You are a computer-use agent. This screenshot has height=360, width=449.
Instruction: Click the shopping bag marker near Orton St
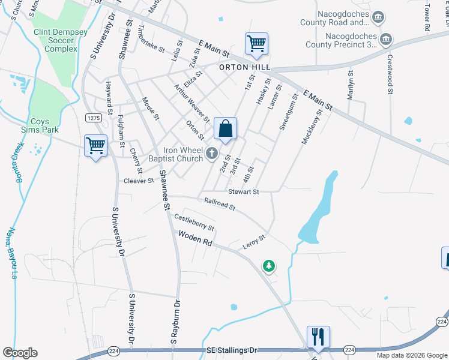tap(225, 129)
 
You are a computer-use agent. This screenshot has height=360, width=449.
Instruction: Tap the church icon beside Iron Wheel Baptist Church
tap(211, 154)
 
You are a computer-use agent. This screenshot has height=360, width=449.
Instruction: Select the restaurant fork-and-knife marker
tap(318, 337)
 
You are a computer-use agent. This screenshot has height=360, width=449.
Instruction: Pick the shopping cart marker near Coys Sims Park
tap(95, 146)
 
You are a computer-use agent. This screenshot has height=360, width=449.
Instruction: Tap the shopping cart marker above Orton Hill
tap(256, 44)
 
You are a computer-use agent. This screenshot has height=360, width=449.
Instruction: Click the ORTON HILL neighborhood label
tap(244, 68)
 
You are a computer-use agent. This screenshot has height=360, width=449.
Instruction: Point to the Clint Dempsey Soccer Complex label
tap(54, 40)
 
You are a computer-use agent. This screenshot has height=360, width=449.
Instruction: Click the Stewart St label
tap(243, 191)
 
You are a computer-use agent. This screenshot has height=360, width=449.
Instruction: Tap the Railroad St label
tap(219, 205)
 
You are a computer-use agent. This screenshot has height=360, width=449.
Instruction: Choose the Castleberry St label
tap(194, 222)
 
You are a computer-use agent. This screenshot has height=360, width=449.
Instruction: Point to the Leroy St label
tap(253, 242)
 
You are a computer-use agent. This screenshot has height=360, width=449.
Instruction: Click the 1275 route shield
tap(92, 118)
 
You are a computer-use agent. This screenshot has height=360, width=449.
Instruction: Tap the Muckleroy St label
tap(312, 126)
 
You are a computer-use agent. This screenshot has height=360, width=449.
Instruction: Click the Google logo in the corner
tap(20, 353)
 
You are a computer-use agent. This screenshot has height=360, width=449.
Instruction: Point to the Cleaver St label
tap(139, 180)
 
